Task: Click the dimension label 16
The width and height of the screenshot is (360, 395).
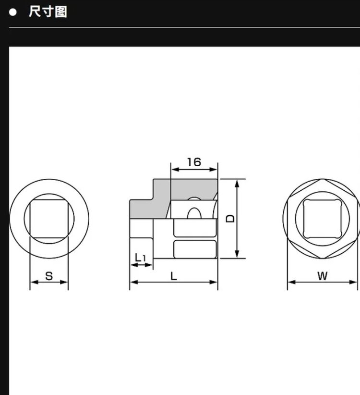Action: click(194, 162)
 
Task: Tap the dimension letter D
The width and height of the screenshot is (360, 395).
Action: click(230, 219)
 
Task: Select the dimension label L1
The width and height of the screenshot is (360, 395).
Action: click(140, 258)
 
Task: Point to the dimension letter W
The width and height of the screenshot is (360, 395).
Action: click(322, 276)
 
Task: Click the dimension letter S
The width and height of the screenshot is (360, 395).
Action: click(49, 276)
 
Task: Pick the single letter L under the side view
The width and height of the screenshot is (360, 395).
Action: click(174, 276)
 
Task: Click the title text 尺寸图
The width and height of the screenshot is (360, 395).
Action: click(48, 12)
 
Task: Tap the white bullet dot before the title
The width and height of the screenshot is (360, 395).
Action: click(12, 12)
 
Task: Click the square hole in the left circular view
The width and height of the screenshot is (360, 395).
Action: click(49, 219)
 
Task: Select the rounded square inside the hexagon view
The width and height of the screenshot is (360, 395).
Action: click(322, 219)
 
